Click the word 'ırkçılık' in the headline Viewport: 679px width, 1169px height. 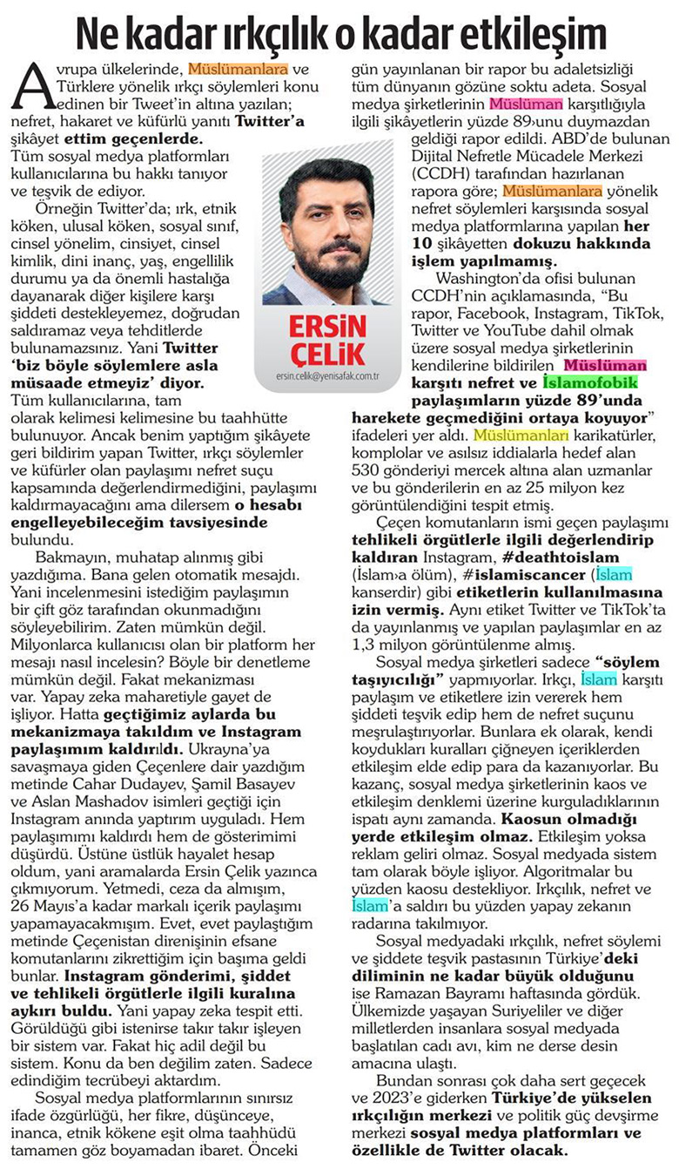[272, 35]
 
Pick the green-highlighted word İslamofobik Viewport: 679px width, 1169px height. [590, 381]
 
